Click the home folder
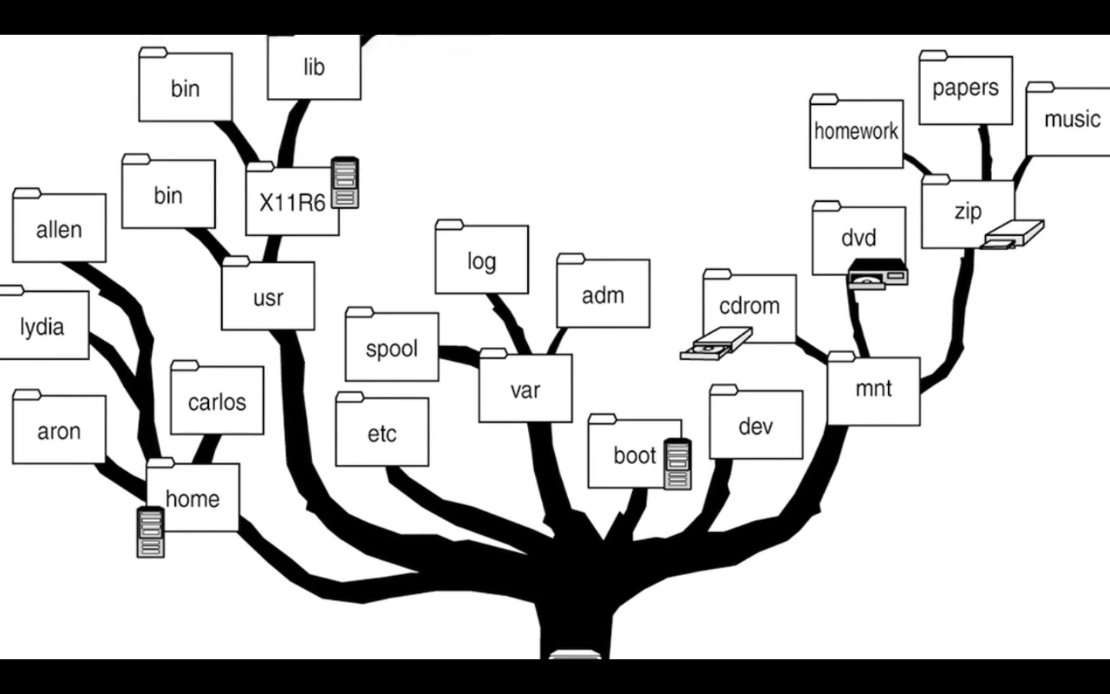[193, 498]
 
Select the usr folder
[268, 297]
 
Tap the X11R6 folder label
[292, 203]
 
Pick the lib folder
[314, 68]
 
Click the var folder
[525, 389]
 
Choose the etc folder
[382, 433]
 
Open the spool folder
[392, 349]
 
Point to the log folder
[481, 261]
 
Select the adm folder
[603, 295]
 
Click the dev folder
[755, 426]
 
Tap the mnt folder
[873, 389]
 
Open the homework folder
[856, 132]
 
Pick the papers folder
[965, 89]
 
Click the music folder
[1071, 120]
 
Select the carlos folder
[217, 402]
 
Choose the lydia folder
[42, 326]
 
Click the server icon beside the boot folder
[678, 463]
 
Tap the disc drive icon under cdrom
[716, 344]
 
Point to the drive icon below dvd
[876, 275]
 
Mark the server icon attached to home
[150, 532]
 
